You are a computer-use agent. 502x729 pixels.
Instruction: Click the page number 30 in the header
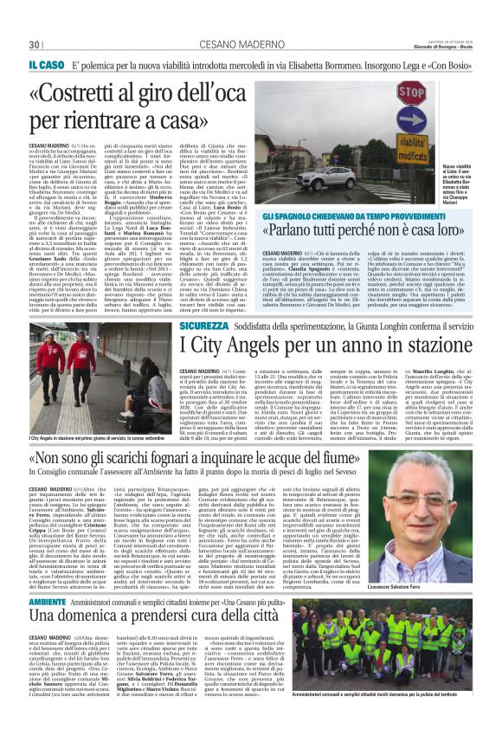click(35, 44)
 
